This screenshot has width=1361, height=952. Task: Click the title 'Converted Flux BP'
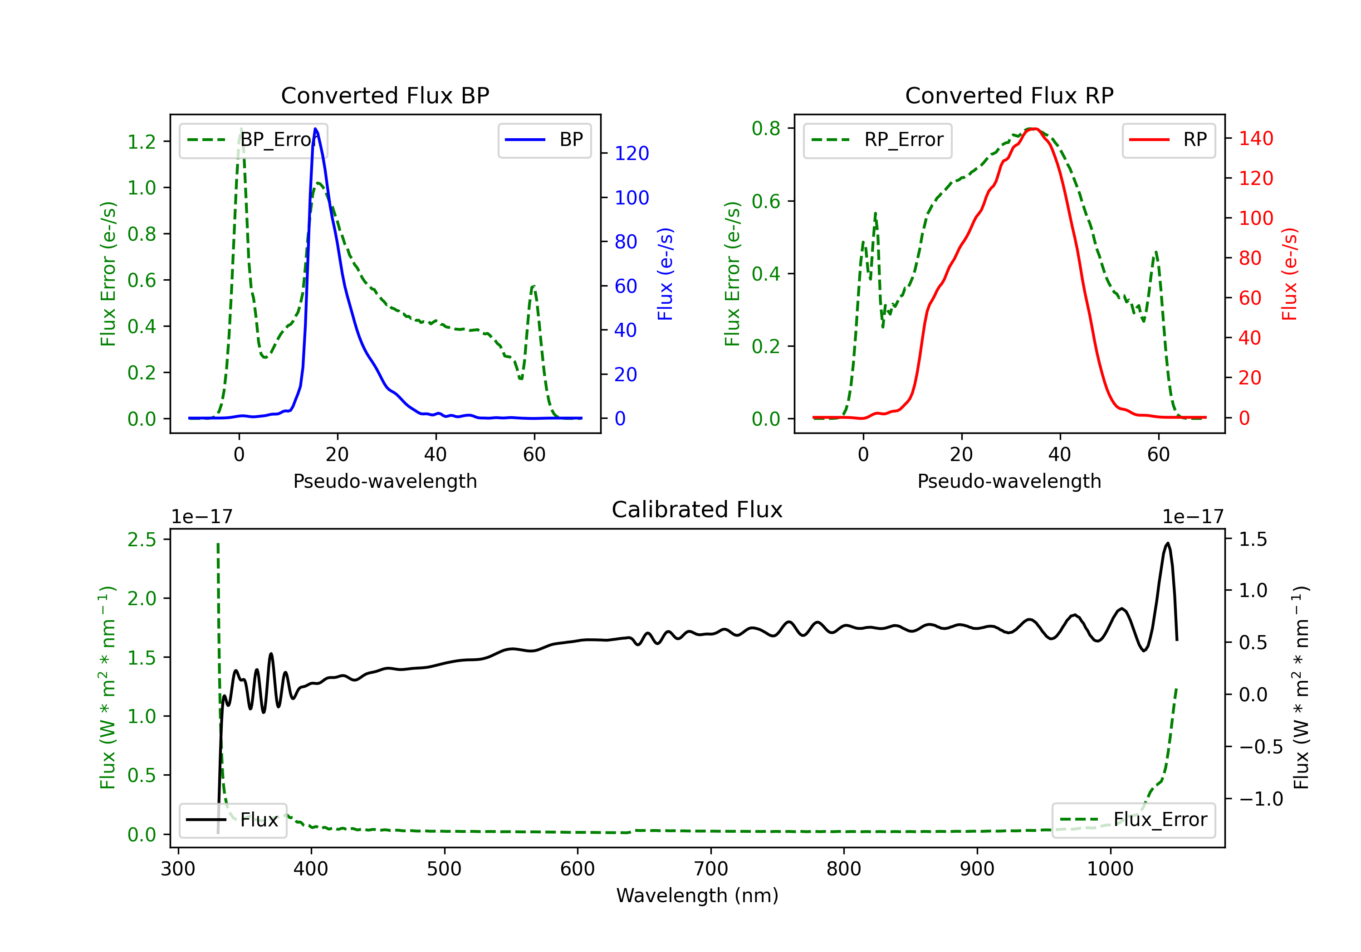[385, 95]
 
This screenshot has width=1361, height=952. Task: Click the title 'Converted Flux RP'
[1009, 95]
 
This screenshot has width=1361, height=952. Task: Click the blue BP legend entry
[544, 140]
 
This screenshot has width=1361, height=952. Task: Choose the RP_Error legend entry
[877, 140]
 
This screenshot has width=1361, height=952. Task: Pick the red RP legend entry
[1168, 140]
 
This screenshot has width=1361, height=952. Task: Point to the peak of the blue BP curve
[315, 129]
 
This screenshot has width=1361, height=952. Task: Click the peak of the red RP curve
[1033, 129]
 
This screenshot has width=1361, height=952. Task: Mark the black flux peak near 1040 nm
[1168, 543]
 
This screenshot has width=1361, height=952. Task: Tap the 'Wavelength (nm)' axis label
[697, 895]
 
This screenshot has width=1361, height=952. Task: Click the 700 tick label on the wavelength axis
[711, 869]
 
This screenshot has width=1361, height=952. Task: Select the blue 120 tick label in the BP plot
[632, 153]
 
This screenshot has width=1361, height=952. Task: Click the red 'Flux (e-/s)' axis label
[1290, 274]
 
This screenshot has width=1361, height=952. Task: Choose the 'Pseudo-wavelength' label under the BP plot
[385, 481]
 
